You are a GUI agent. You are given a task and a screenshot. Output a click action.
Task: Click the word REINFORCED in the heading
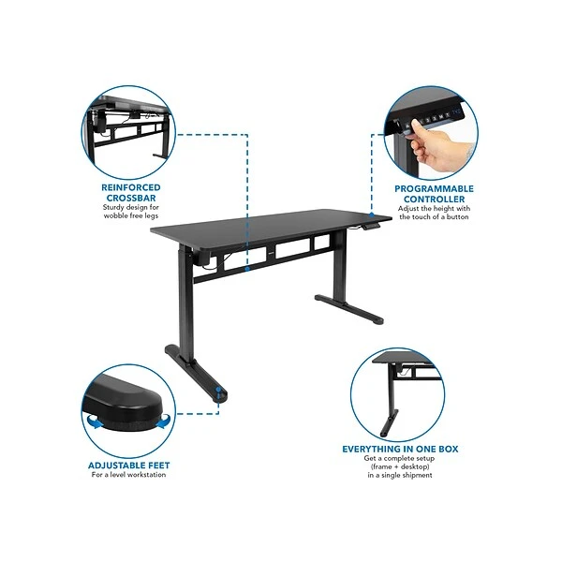coord(131,187)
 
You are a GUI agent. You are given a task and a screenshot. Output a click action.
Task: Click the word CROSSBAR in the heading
coord(131,198)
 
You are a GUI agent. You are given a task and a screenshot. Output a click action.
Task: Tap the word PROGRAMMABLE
coord(434,189)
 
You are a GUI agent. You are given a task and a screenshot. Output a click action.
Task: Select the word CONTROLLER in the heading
coord(434,200)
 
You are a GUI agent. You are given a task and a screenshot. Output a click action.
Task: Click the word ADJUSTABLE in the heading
coord(113,466)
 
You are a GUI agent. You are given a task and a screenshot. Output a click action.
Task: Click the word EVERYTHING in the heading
coord(371,449)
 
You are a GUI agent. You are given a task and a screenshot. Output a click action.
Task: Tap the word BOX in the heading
coord(449,449)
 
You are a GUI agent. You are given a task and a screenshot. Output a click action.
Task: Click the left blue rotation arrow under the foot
coord(96,421)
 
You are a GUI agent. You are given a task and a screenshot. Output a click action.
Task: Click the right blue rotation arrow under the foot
coord(163,421)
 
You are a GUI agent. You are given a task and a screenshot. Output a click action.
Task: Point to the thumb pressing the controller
coord(418,126)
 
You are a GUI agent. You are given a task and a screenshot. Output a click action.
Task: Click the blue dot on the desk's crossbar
coord(247,269)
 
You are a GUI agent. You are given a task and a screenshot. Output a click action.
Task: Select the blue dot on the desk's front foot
coord(218,389)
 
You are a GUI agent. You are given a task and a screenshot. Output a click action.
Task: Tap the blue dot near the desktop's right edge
coord(372,214)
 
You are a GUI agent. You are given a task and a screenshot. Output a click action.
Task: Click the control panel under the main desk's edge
coord(371,227)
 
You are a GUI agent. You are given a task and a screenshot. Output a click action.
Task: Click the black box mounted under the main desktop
coord(202,259)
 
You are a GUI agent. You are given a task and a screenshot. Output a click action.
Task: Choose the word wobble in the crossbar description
coord(114,215)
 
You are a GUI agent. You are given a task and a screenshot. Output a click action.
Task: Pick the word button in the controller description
coord(457,217)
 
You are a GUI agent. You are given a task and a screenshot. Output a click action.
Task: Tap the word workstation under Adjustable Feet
coord(147,475)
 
